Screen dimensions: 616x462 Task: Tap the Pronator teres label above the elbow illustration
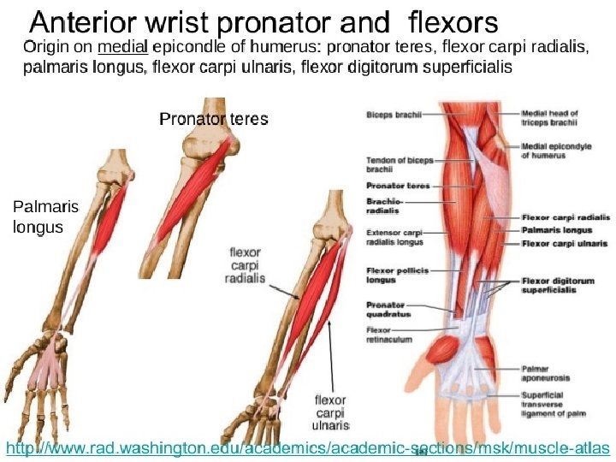click(x=214, y=119)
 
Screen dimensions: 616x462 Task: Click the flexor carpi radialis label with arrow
click(x=246, y=266)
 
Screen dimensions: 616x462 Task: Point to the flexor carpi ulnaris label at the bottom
click(x=330, y=412)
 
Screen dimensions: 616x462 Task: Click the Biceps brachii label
click(x=390, y=112)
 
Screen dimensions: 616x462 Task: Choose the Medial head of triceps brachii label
click(x=550, y=118)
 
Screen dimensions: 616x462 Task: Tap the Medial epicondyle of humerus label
click(x=556, y=151)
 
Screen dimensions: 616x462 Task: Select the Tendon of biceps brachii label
click(x=388, y=165)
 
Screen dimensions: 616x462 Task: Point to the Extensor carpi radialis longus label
click(x=394, y=237)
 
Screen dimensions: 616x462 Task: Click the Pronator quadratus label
click(x=388, y=309)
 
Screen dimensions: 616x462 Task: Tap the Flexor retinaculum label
click(x=388, y=334)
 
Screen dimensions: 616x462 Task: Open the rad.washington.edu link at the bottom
click(x=308, y=447)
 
